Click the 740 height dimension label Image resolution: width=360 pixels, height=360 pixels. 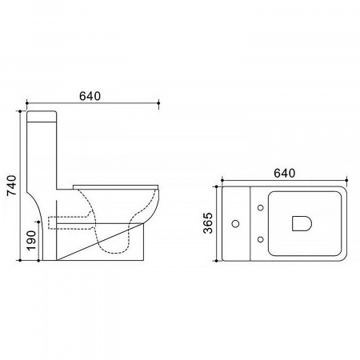coord(12,185)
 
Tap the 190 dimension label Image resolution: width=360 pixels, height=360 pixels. coord(31,240)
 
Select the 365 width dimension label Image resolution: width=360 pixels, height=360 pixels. coord(208,223)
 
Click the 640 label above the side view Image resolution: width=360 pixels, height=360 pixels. coord(90,96)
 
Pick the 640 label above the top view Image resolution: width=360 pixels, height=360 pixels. coord(284,174)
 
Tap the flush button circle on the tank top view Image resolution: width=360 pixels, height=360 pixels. coord(235,223)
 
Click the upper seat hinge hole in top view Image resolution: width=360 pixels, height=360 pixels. coord(261,207)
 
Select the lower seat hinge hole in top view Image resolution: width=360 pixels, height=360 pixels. coord(261,239)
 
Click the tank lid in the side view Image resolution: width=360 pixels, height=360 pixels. coord(42,116)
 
